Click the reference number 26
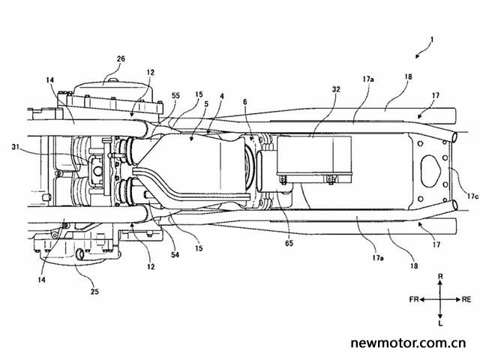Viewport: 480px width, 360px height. pos(121,58)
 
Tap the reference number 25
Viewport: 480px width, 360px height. pos(94,291)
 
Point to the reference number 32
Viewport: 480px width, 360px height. pos(336,89)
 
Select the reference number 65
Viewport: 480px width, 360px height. pos(289,243)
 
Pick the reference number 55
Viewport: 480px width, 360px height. pos(175,96)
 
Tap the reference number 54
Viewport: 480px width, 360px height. pos(175,254)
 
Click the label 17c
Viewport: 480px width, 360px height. pos(472,196)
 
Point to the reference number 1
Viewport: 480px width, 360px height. pos(432,40)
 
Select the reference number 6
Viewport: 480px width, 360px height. pos(245,102)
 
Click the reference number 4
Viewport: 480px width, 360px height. pos(222,97)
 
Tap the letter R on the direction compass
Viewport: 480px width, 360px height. pos(440,277)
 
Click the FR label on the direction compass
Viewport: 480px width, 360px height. pos(414,299)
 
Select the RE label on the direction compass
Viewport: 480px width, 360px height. pos(466,299)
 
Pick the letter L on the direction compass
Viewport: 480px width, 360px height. pos(440,323)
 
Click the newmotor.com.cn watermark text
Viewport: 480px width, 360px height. pos(409,343)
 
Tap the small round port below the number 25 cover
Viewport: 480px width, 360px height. pos(79,254)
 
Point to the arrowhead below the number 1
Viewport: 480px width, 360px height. pos(418,56)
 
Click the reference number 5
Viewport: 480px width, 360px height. pos(206,104)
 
